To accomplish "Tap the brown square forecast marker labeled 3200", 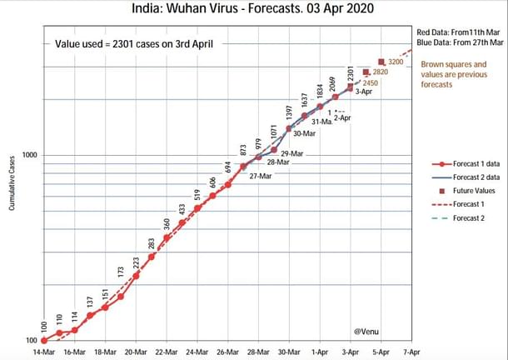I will [x=381, y=62].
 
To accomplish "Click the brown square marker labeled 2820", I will [x=366, y=72].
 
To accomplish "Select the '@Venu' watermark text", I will [x=365, y=332].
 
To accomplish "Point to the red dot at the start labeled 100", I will [x=43, y=340].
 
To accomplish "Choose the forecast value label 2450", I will [x=370, y=83].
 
